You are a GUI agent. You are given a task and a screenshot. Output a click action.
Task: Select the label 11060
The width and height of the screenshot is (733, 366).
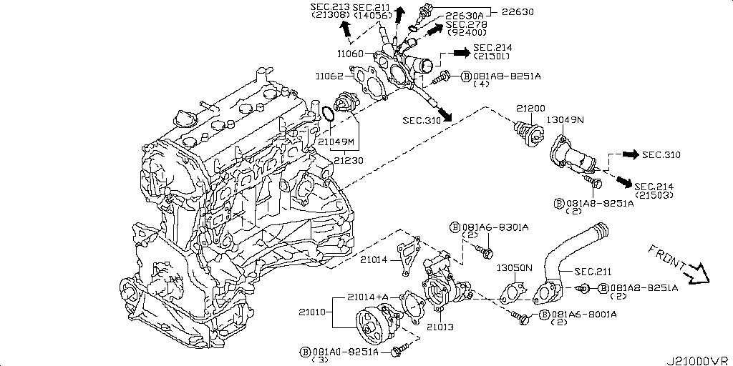point(350,54)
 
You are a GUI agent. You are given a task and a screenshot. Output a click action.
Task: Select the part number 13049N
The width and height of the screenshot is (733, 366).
point(565,120)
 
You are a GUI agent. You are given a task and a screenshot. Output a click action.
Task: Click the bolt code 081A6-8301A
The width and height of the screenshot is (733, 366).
point(494,227)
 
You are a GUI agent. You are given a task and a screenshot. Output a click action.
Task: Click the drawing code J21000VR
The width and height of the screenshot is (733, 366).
point(699,359)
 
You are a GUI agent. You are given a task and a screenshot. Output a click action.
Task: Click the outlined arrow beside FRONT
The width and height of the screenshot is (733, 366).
point(696,273)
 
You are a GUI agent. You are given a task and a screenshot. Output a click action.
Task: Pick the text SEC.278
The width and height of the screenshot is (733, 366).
point(467,24)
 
